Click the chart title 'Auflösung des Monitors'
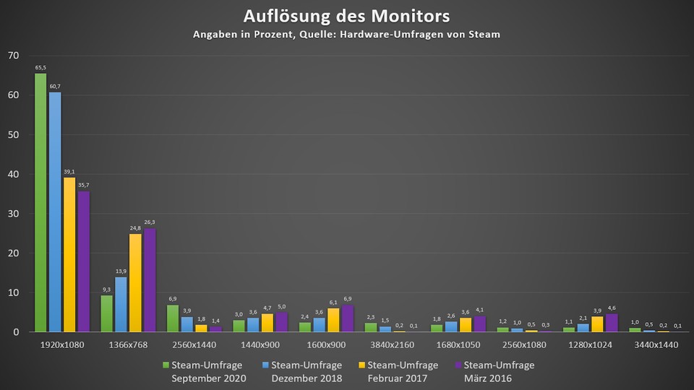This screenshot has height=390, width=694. point(346,16)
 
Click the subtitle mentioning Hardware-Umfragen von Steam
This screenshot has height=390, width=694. point(346,34)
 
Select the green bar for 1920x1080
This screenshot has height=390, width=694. point(40,202)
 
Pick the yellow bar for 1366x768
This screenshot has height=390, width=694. point(135,282)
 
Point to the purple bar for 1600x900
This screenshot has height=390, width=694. point(347,318)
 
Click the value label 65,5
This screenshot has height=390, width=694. point(40,67)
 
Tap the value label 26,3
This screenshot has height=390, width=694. point(150,222)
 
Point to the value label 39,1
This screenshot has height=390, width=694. point(69,172)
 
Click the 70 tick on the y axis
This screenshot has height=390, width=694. point(13,56)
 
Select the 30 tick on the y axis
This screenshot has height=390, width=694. point(13,214)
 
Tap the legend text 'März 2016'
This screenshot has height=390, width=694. point(488,378)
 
